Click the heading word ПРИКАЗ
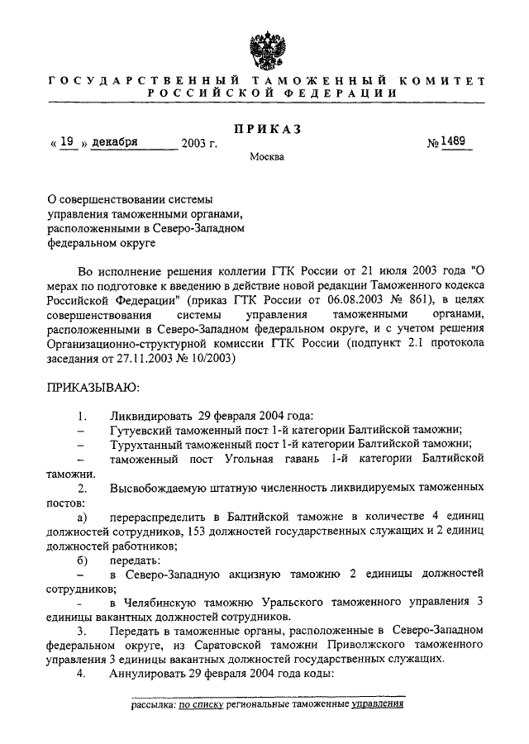pyautogui.click(x=264, y=130)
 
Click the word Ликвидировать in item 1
pyautogui.click(x=150, y=413)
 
